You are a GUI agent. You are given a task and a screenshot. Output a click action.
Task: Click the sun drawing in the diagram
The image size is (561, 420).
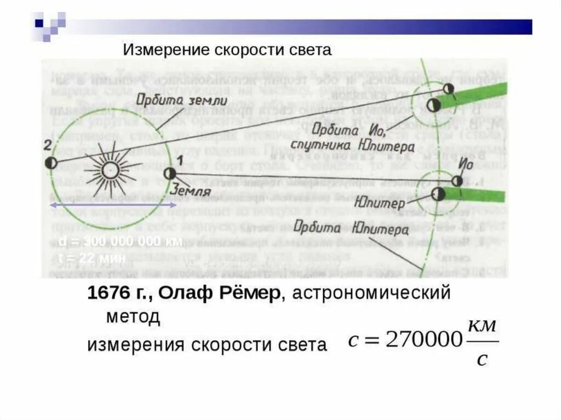point(110,170)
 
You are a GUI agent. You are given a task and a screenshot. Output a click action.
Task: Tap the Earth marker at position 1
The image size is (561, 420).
point(169,174)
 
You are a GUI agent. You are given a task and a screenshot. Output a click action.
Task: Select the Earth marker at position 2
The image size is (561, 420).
point(50,163)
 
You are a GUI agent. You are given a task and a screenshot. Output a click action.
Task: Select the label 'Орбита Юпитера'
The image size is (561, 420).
point(350,227)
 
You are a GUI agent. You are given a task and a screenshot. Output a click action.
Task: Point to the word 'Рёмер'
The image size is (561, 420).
point(249,293)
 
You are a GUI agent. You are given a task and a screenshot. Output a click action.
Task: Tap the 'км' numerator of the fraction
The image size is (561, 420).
point(483,325)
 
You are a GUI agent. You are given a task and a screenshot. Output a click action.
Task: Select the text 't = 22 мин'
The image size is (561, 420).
point(91,258)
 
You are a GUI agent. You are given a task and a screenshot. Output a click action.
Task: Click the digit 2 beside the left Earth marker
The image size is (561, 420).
point(48,145)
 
